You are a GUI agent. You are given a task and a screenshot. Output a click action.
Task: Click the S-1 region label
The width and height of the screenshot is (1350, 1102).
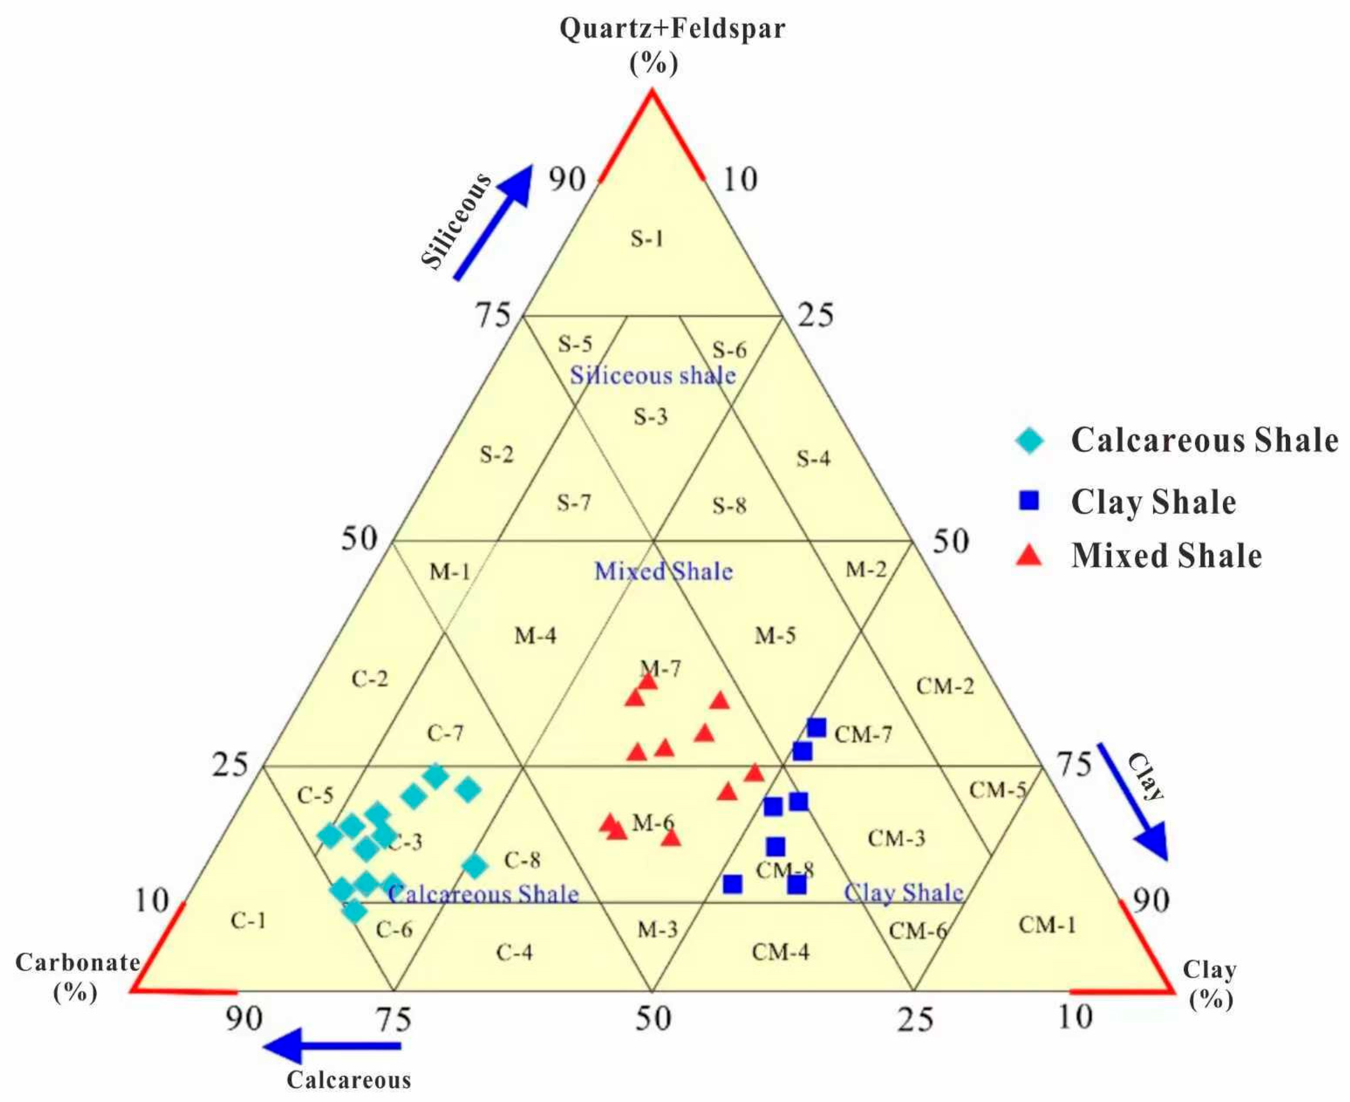647,239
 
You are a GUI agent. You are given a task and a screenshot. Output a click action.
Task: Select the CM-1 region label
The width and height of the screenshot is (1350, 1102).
1047,925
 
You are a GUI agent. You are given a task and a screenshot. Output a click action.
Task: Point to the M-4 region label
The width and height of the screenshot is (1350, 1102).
535,635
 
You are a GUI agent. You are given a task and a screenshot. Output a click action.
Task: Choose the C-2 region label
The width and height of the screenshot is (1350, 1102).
369,679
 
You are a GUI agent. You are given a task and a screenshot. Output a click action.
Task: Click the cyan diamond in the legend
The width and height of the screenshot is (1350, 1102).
1029,440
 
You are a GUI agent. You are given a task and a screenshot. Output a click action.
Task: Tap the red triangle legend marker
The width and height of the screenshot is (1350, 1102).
1029,556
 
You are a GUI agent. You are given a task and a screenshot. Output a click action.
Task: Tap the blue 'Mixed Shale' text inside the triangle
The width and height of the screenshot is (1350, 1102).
664,571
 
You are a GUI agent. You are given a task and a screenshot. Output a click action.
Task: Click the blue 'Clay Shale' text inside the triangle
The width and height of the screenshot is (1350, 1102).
904,892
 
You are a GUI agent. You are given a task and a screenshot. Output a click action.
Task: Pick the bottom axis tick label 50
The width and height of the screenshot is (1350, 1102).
653,1019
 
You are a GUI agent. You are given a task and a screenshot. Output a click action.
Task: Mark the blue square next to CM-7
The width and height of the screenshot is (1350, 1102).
817,727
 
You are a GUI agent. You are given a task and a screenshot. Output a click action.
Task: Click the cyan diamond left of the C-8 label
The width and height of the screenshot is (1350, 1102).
475,865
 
